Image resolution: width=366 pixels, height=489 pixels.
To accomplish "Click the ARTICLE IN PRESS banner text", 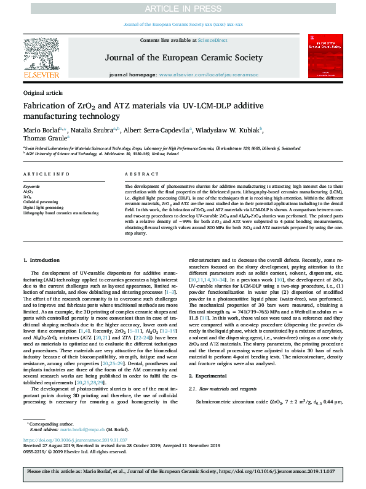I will tap(183, 8).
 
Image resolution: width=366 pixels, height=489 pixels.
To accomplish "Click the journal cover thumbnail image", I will tap(325, 58).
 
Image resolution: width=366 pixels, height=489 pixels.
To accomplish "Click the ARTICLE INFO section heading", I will tap(46, 174).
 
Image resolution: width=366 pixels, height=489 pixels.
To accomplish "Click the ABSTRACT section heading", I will tap(137, 174).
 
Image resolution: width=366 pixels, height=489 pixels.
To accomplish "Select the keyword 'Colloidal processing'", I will tap(41, 201).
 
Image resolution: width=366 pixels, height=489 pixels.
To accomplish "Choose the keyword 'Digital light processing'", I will tap(43, 207).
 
